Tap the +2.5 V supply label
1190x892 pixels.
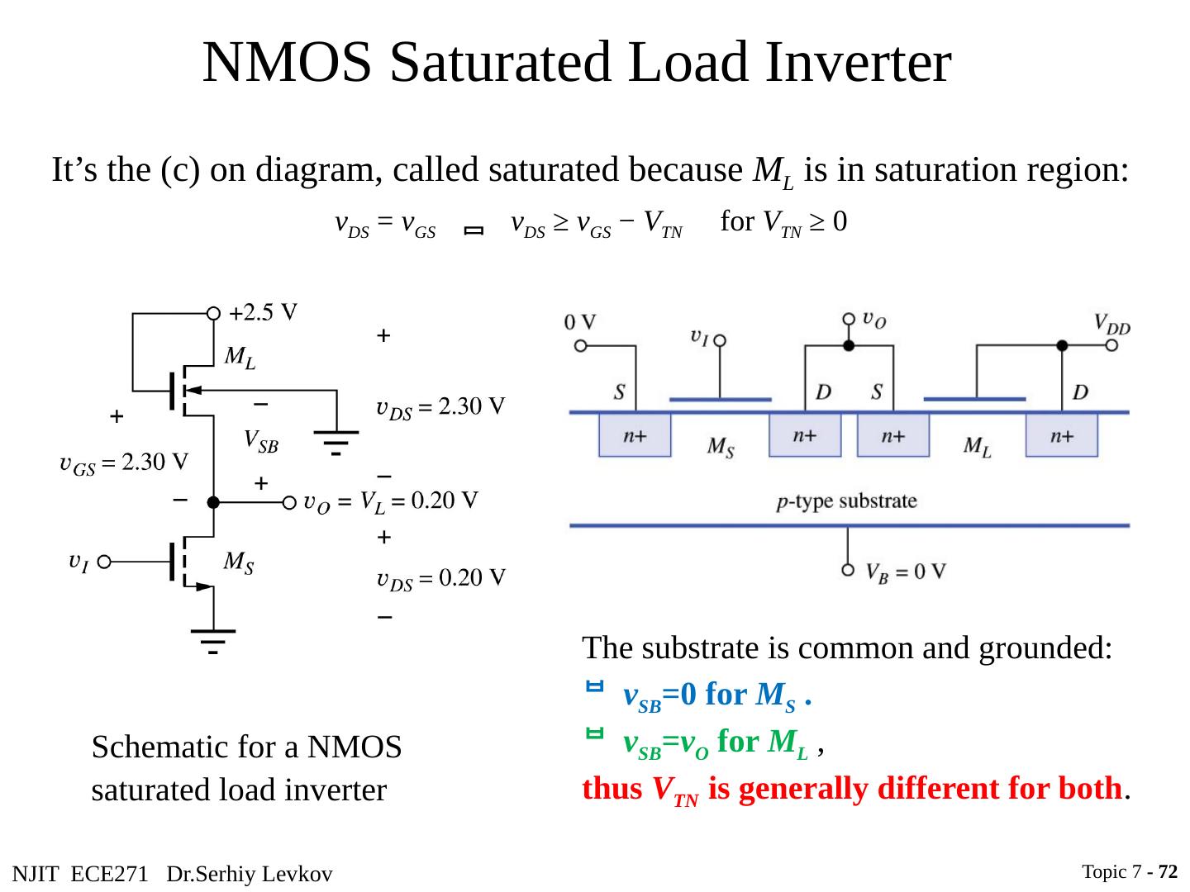[264, 313]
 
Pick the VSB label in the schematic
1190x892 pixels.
[261, 443]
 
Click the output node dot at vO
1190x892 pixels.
[213, 502]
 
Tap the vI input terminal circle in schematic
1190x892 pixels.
[104, 563]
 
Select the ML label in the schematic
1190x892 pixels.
[240, 358]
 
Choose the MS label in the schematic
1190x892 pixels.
[239, 564]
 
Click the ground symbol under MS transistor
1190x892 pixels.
[213, 641]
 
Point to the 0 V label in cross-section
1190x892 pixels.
[580, 323]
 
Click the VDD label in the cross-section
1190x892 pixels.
[1111, 324]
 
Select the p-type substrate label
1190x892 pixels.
[847, 501]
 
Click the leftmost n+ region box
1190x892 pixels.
[635, 436]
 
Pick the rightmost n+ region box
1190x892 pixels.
[1062, 436]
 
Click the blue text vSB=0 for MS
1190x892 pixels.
[716, 696]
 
